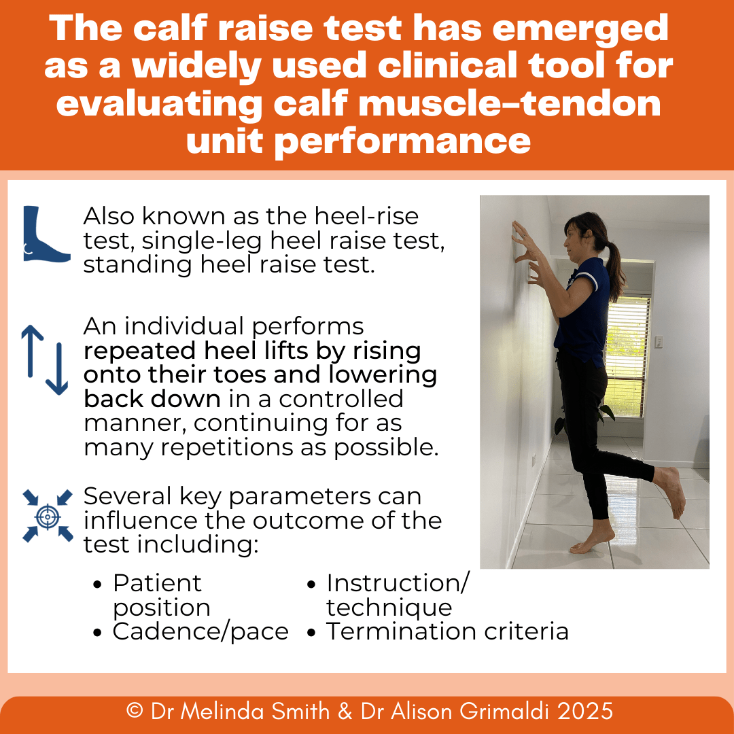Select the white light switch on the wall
[657, 342]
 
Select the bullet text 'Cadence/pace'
[200, 631]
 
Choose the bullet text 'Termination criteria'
[447, 631]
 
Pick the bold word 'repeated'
[136, 351]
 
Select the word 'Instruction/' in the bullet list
[398, 583]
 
